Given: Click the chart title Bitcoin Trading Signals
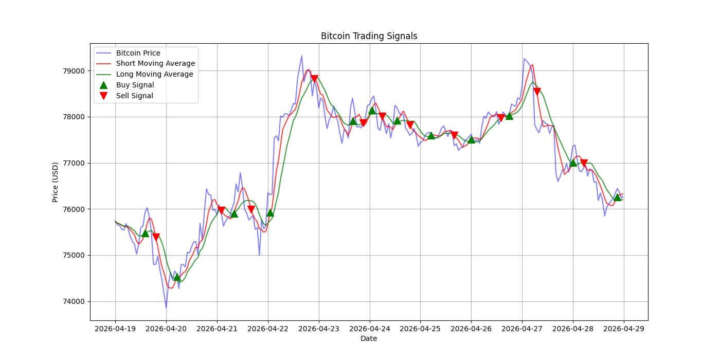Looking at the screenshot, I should click(x=369, y=36).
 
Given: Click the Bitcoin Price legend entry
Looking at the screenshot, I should click(x=138, y=53).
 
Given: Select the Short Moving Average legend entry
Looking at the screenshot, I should click(x=155, y=64).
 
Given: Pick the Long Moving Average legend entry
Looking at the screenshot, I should click(x=154, y=74).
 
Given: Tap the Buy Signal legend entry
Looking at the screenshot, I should click(x=135, y=85).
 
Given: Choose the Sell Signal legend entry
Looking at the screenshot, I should click(x=134, y=96).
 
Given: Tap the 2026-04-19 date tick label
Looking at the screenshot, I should click(x=115, y=328).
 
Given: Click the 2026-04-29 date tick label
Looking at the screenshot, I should click(x=624, y=328).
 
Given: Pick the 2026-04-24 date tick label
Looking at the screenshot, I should click(x=369, y=328).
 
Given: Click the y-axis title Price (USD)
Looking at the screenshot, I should click(x=55, y=182).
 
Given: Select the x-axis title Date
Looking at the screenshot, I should click(x=369, y=338).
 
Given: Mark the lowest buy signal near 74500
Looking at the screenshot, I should click(x=177, y=277).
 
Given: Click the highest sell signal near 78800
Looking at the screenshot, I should click(x=314, y=79).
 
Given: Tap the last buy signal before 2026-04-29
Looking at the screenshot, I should click(x=617, y=197).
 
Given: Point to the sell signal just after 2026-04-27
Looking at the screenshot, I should click(x=537, y=92).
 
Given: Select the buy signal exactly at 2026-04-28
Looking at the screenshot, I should click(x=573, y=163).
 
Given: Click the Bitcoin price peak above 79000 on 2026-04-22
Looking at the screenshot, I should click(x=301, y=56).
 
